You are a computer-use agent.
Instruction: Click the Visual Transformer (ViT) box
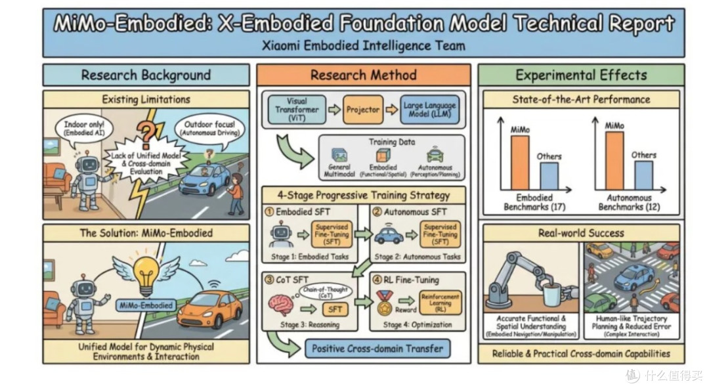(297, 110)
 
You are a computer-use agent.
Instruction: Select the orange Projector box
(362, 110)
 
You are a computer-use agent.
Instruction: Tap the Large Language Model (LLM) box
(429, 110)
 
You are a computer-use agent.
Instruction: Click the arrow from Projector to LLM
(391, 110)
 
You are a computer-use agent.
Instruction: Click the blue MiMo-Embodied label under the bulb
(146, 305)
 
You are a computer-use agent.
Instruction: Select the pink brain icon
(281, 303)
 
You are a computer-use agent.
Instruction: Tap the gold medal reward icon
(384, 303)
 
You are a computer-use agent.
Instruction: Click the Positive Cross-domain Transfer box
(377, 349)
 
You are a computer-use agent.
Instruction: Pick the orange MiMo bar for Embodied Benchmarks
(519, 162)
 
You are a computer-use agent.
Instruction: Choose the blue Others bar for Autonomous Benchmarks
(643, 175)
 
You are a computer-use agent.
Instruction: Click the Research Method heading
(364, 75)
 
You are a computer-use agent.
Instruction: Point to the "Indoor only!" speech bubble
(84, 128)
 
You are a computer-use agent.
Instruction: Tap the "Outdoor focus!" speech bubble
(209, 128)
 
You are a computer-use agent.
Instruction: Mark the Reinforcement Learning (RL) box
(440, 302)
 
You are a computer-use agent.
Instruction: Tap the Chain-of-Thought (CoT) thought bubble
(326, 292)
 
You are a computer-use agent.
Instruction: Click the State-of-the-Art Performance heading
(581, 100)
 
